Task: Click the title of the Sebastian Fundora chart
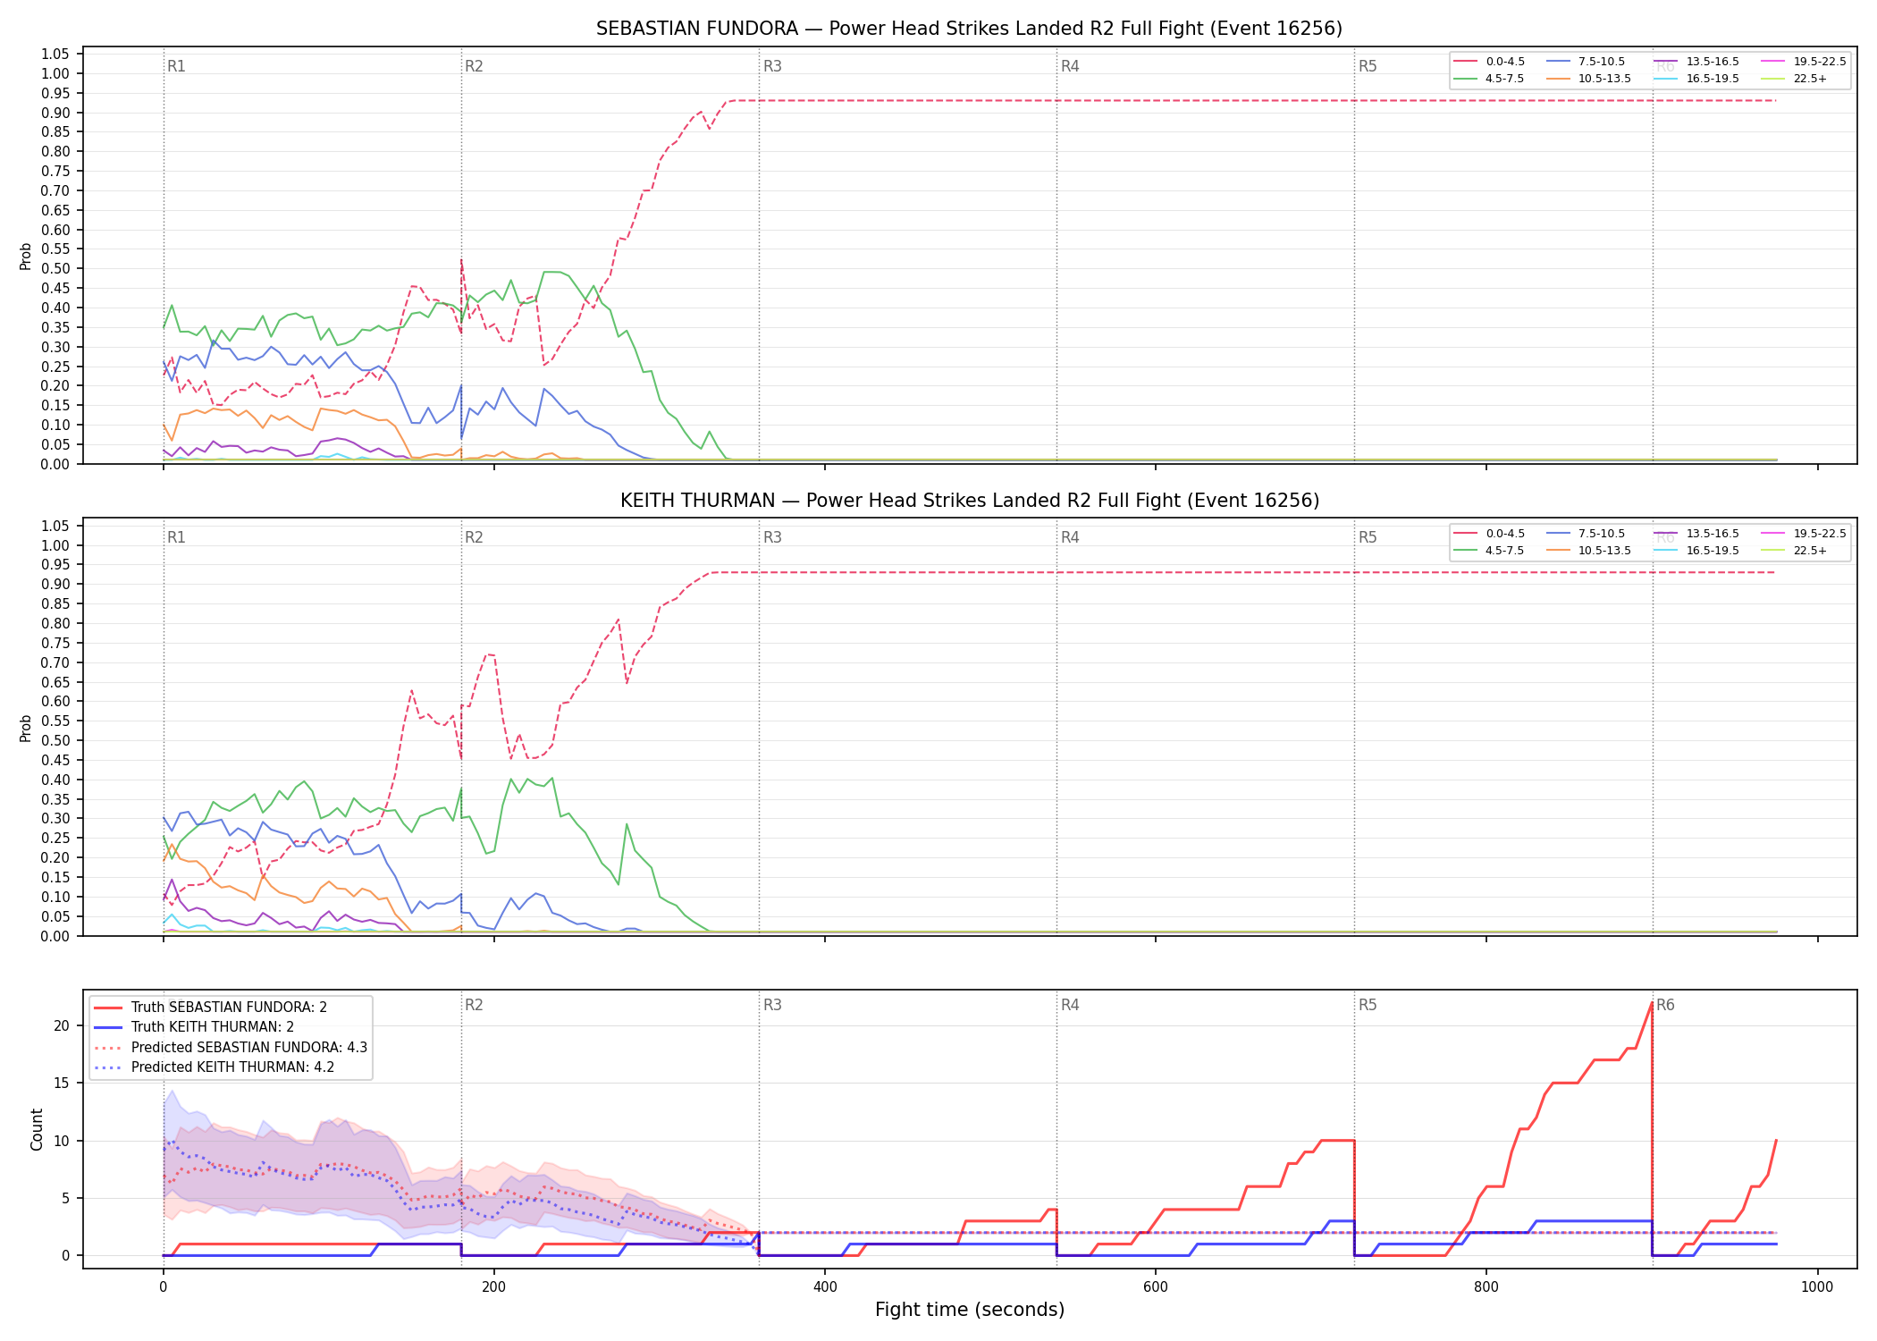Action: pos(969,29)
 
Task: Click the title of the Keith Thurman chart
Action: pos(969,501)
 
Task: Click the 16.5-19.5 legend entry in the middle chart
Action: pos(1696,551)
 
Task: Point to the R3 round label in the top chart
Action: pos(772,66)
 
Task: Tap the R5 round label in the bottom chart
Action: pos(1368,1005)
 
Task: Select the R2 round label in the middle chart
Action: pos(474,537)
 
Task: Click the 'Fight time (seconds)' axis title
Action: pos(970,1310)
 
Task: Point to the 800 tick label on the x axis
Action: pos(1486,1287)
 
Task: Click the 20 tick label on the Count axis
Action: pos(62,1025)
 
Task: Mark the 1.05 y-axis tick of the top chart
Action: pos(55,55)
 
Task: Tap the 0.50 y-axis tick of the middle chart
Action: pos(55,740)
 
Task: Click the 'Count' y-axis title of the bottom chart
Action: pos(37,1129)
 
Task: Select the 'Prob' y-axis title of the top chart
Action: pos(26,257)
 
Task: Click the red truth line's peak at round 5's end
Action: pos(1651,1003)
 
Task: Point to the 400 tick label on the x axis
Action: pos(825,1287)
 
